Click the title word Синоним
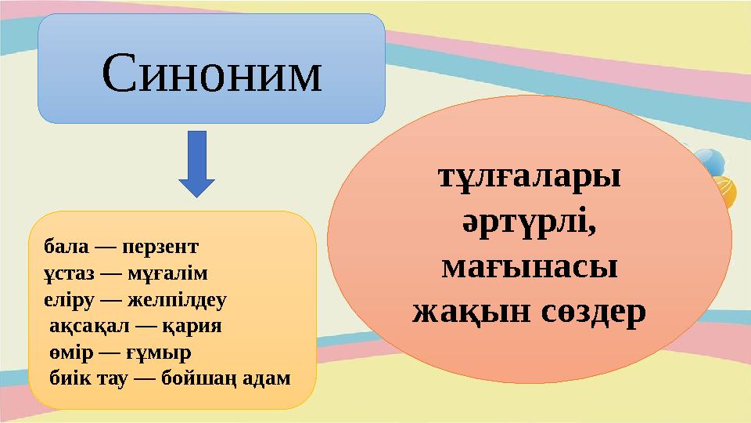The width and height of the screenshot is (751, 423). pos(211,73)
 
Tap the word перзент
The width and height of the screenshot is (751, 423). pos(160,246)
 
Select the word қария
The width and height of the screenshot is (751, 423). pos(196,326)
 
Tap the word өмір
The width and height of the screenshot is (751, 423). pos(69,352)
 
